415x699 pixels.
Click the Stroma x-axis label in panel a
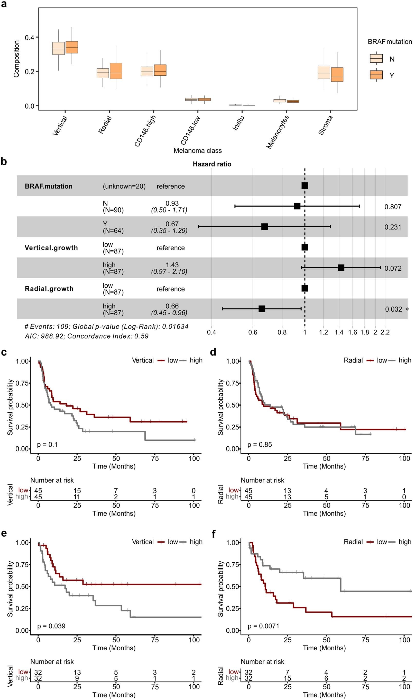coord(325,125)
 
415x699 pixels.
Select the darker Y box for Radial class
coord(116,71)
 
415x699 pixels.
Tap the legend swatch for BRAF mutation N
coord(376,58)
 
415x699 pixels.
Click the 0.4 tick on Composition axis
coord(29,38)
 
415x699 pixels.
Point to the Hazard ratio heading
coord(212,164)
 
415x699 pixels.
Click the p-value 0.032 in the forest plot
coord(393,309)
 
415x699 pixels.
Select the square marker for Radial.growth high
coord(262,308)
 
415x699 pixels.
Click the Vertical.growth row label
coord(51,248)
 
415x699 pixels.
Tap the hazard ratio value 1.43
coord(172,265)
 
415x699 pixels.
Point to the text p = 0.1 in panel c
coord(47,444)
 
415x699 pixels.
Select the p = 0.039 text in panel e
coord(51,626)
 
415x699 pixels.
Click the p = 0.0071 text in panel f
coord(263,626)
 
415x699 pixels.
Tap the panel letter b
coord(4,162)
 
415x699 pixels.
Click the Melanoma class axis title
coord(197,151)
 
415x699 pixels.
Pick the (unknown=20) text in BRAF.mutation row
coord(124,186)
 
